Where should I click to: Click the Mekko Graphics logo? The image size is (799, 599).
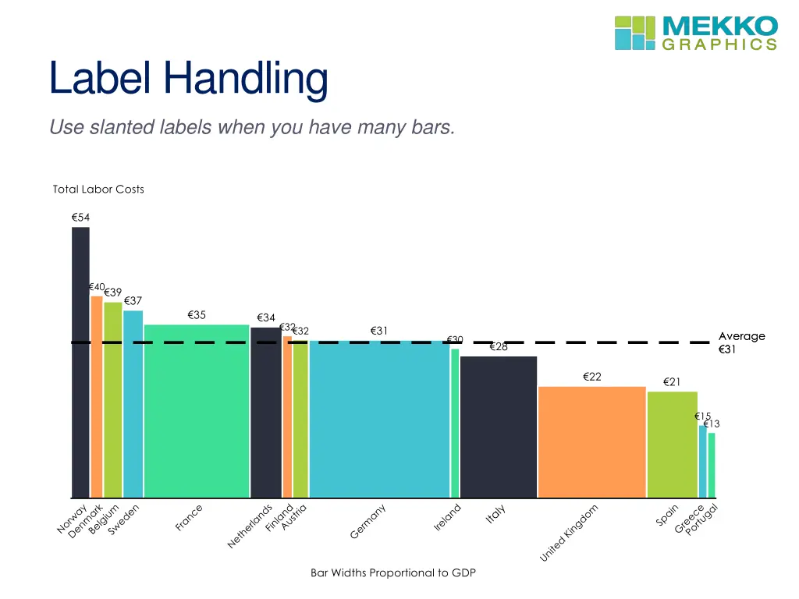coord(696,33)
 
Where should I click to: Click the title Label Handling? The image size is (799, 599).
coord(188,79)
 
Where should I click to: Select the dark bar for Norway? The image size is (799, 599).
coord(80,363)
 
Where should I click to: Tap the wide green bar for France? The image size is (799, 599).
coord(197,411)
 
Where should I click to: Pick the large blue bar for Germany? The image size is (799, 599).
coord(379,419)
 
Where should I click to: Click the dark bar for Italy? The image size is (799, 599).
coord(499,427)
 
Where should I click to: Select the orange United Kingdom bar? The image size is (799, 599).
coord(591,441)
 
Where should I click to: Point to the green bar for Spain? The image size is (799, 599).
coord(672,445)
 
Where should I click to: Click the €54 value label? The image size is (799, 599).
coord(80,218)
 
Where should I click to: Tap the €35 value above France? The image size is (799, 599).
coord(197,315)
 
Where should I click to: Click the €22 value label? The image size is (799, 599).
coord(592,377)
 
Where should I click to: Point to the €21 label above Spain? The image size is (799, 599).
coord(672,381)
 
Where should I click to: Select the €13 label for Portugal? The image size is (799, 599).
coord(712,424)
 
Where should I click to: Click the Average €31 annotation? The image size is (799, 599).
coord(741,343)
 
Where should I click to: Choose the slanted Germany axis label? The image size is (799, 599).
coord(368,523)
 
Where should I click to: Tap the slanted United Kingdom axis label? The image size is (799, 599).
coord(570,533)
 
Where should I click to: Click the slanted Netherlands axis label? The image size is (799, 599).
coord(250,526)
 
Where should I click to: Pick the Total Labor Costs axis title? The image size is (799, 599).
coord(98,189)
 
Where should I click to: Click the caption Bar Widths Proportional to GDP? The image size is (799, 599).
coord(392,572)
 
